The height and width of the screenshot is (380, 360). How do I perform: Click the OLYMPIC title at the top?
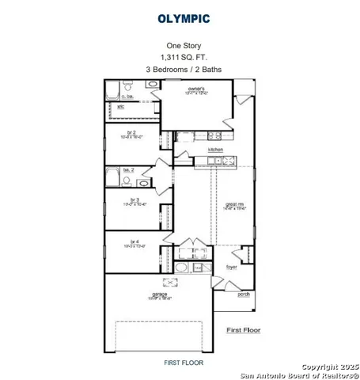pos(184,17)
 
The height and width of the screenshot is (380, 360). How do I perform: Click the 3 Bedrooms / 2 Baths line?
pos(184,70)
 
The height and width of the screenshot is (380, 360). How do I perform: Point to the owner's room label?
pos(197,89)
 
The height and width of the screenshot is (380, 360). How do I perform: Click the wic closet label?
pos(121,106)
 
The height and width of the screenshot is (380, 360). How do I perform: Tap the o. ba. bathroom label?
pos(127,97)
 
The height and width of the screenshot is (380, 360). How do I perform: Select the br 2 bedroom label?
pos(132,134)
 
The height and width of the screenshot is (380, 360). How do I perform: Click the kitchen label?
pos(214,150)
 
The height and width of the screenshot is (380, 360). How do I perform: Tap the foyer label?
pos(232,267)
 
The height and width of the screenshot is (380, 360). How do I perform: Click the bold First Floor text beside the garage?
pos(244,329)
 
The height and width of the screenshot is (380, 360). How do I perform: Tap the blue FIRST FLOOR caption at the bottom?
pos(184,363)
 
